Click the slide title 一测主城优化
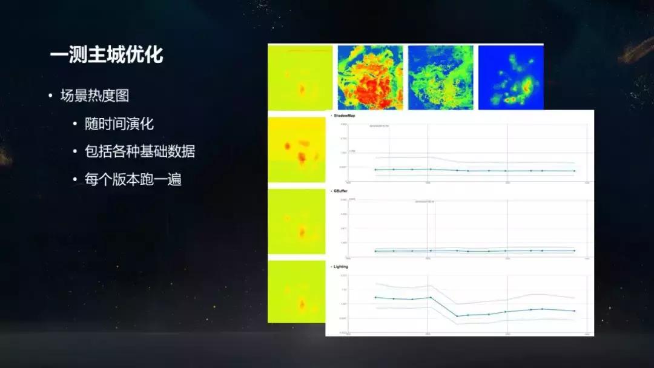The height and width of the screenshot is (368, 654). (107, 55)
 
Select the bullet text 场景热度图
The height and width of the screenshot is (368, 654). (94, 96)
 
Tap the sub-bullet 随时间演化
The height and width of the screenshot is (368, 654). (119, 124)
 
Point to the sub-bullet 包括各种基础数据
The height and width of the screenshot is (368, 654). (140, 152)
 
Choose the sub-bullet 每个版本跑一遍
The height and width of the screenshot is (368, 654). (133, 180)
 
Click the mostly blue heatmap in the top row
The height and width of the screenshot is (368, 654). (510, 77)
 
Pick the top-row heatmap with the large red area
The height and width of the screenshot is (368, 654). (370, 77)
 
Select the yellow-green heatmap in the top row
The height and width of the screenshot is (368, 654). (300, 77)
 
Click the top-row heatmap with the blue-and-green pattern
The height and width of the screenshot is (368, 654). (440, 77)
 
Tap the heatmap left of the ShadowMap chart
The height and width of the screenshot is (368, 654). (297, 149)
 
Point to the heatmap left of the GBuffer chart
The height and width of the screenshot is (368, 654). (297, 222)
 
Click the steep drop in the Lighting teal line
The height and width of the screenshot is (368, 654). (443, 307)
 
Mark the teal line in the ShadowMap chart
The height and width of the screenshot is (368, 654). (472, 171)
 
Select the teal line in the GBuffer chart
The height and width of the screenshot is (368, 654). (472, 251)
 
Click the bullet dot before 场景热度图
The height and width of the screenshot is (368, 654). (51, 96)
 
